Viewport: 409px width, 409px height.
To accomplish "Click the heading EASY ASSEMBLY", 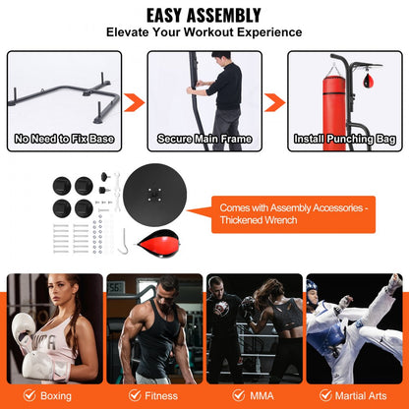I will tap(204, 16).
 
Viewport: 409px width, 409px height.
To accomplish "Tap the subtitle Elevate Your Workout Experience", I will tap(204, 33).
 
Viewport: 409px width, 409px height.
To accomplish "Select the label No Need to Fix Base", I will tap(65, 140).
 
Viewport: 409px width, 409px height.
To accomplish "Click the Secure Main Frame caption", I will tap(204, 140).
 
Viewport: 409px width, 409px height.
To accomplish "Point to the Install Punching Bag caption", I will tap(344, 140).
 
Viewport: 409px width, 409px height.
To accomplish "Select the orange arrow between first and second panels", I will tap(136, 102).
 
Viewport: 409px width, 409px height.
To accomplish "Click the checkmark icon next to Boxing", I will tap(27, 397).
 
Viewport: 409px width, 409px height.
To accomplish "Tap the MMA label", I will tap(261, 397).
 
